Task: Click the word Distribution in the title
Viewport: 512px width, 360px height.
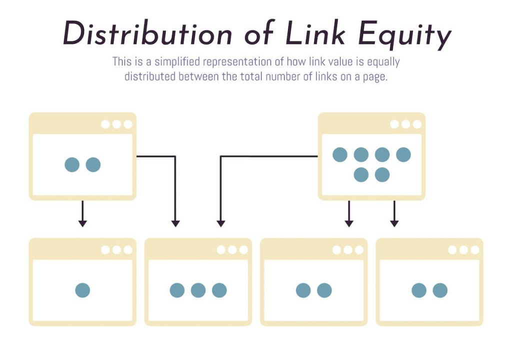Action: click(147, 33)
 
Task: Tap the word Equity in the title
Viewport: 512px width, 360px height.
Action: click(404, 35)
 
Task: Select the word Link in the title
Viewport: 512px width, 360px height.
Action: click(315, 33)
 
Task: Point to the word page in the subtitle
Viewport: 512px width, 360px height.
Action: click(375, 77)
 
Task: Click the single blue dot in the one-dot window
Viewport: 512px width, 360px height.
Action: click(82, 290)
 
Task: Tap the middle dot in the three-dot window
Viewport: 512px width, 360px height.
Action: click(198, 290)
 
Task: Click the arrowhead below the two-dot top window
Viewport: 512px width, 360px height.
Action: click(82, 223)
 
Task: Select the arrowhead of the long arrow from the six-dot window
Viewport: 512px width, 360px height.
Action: click(220, 223)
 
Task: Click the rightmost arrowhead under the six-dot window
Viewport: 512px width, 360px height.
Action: click(394, 223)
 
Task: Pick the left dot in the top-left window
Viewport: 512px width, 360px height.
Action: click(72, 164)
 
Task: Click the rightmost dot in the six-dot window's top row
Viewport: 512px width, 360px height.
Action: click(403, 154)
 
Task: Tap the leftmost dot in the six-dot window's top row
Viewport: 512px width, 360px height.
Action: click(340, 154)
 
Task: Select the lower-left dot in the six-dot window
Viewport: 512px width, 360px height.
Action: click(361, 174)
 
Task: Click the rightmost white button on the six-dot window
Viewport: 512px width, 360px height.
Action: click(417, 124)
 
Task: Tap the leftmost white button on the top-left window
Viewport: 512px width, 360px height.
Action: click(105, 124)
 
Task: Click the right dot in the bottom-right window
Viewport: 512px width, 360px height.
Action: click(440, 290)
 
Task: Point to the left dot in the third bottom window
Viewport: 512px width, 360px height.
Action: click(303, 290)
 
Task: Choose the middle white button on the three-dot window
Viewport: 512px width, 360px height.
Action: click(232, 250)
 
